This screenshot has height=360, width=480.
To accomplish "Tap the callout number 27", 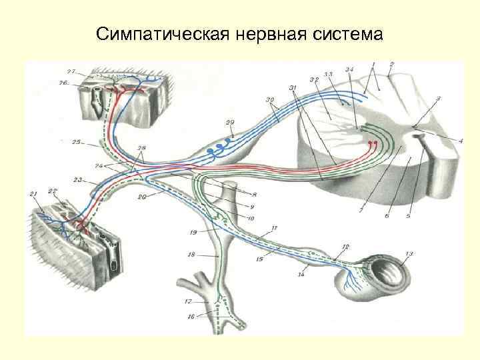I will pos(71,71).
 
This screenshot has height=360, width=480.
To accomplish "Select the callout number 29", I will pos(230,122).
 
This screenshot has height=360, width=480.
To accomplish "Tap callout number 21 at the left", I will pos(34,193).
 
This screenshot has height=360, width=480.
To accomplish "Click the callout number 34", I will pos(349,69).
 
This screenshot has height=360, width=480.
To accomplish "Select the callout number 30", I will pos(269,101).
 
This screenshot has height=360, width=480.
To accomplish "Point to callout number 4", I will pos(441,141).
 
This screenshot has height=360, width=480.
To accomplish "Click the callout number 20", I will pos(142,197).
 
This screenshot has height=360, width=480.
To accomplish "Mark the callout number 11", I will pos(274,228).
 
